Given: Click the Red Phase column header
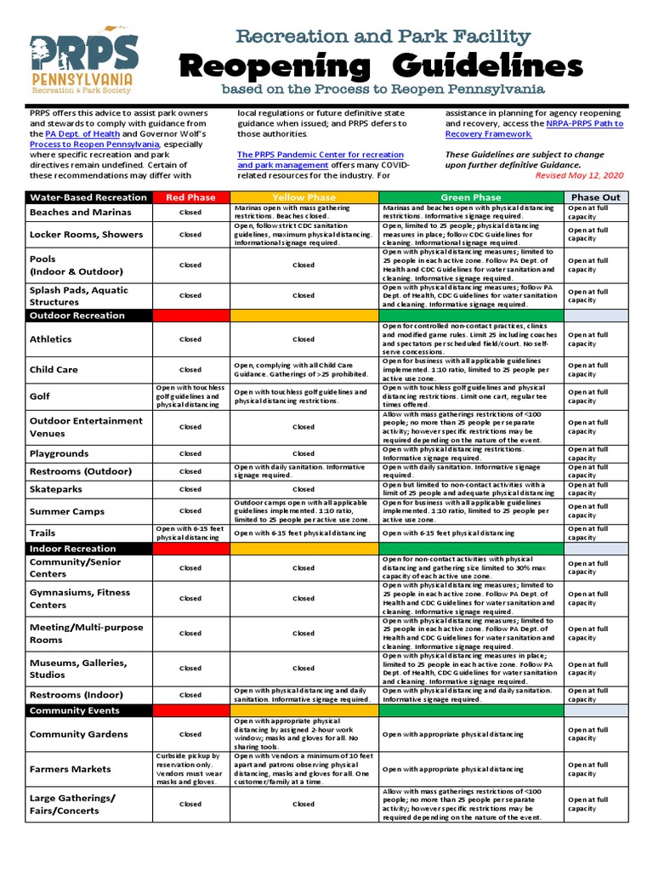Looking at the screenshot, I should [190, 197].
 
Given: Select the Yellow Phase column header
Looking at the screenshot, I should [304, 197].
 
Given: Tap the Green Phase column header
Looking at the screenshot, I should [471, 197].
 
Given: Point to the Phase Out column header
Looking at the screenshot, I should [595, 197].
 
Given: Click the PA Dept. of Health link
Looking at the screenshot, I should [82, 134].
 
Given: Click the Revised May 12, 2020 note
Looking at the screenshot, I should [579, 174].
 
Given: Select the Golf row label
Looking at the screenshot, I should [41, 396].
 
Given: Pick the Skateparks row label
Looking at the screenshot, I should [54, 490].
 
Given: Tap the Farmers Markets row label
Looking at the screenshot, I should [71, 769].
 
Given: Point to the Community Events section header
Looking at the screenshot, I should [75, 710].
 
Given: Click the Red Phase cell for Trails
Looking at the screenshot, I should [190, 533].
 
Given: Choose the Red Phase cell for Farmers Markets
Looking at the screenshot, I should [190, 769].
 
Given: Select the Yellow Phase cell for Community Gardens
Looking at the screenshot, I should [304, 734].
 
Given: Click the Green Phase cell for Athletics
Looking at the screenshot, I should [471, 339].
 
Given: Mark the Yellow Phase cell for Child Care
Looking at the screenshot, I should [304, 370].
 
